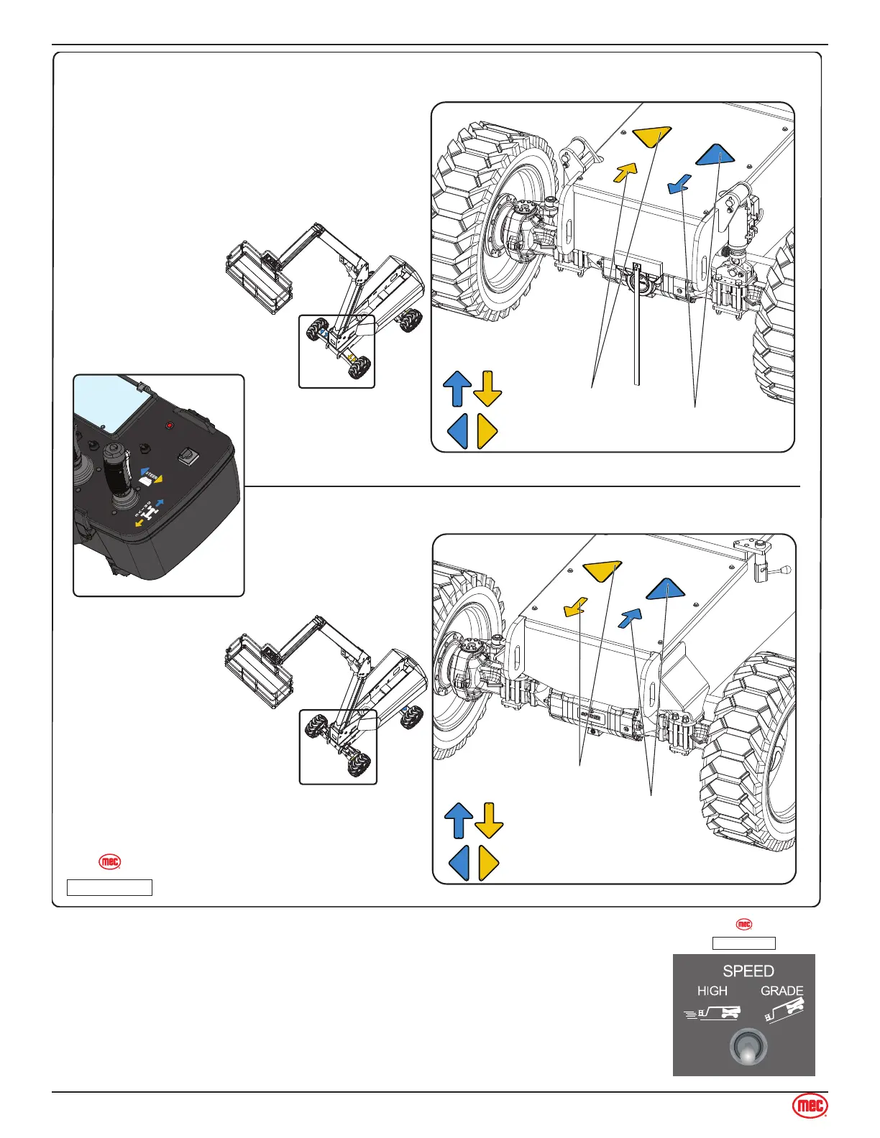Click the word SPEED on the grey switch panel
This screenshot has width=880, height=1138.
[748, 971]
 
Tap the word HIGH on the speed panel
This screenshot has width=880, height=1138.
[712, 991]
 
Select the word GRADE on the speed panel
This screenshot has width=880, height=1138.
[782, 991]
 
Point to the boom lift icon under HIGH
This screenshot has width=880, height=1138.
[712, 1013]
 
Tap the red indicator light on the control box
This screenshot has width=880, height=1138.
[170, 426]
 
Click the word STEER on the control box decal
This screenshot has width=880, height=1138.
[151, 474]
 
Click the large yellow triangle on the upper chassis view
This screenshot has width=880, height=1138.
[652, 135]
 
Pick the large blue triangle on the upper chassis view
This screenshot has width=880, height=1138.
[715, 155]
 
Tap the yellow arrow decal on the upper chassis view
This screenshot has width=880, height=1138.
[625, 172]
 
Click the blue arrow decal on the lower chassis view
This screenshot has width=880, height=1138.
[631, 617]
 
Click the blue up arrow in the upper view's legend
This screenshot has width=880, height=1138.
[457, 389]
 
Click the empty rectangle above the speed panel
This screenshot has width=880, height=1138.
[743, 943]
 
